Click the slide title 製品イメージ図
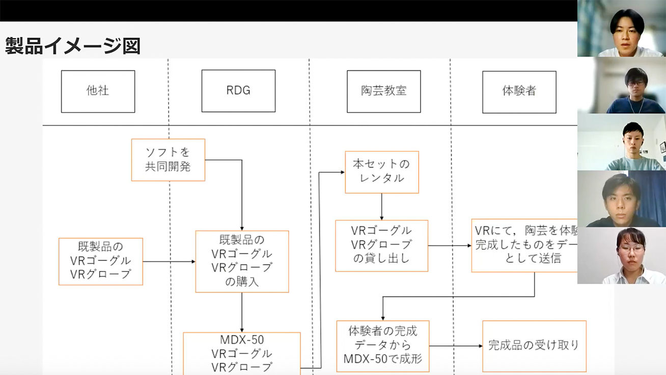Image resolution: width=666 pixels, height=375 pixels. (x=72, y=46)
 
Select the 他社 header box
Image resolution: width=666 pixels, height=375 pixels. (x=98, y=91)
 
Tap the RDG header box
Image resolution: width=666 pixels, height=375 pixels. (x=238, y=91)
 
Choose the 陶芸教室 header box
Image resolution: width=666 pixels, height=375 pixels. (x=383, y=91)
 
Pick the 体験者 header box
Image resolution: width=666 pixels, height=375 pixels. (x=519, y=92)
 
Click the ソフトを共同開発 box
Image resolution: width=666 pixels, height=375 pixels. (x=168, y=159)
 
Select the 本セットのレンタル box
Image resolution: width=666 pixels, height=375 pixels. (x=381, y=172)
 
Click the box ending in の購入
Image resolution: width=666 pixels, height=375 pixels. (x=242, y=261)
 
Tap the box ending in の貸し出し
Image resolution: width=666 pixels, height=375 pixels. (x=381, y=245)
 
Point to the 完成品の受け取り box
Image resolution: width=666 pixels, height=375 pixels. (x=534, y=345)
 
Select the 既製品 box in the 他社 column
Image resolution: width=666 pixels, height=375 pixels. (x=100, y=261)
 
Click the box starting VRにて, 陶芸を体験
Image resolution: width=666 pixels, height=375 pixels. (x=524, y=246)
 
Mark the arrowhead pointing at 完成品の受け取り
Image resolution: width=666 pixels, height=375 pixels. (x=480, y=346)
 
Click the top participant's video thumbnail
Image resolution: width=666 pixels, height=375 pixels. (x=621, y=29)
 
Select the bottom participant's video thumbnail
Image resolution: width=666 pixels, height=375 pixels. (x=621, y=255)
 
